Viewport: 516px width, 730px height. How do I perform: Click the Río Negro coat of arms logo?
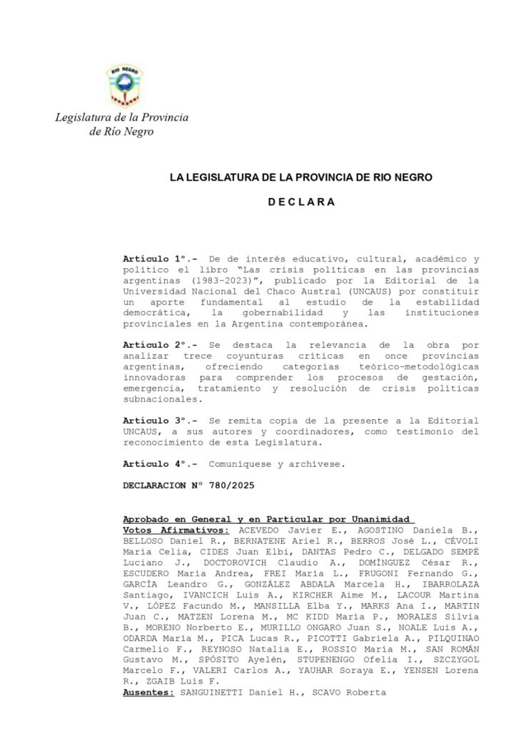[x=125, y=86]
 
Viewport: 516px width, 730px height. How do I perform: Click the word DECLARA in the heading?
[x=301, y=202]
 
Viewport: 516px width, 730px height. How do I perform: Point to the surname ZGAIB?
[x=152, y=682]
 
